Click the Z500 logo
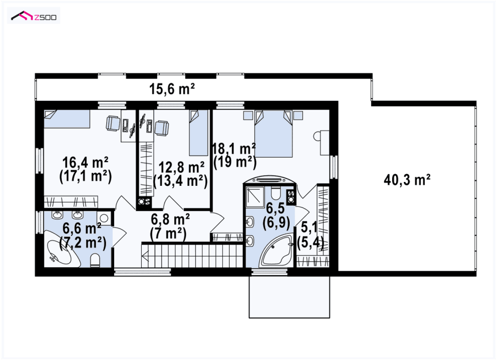tap(33, 16)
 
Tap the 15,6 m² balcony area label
tap(172, 89)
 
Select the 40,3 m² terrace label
tap(407, 180)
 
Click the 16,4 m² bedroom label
tap(85, 162)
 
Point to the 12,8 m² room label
tap(182, 167)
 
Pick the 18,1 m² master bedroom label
tap(234, 148)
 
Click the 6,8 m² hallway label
tap(170, 219)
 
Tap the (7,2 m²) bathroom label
tap(83, 243)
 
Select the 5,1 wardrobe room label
tap(309, 228)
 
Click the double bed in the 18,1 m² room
tap(273, 134)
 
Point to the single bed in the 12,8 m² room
tap(199, 132)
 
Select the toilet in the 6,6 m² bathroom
tap(95, 261)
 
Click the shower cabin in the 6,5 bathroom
tap(255, 196)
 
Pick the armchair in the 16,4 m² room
tap(113, 123)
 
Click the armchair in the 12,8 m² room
tap(162, 128)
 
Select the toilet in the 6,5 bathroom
tap(275, 192)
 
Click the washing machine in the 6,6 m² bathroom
tap(103, 218)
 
